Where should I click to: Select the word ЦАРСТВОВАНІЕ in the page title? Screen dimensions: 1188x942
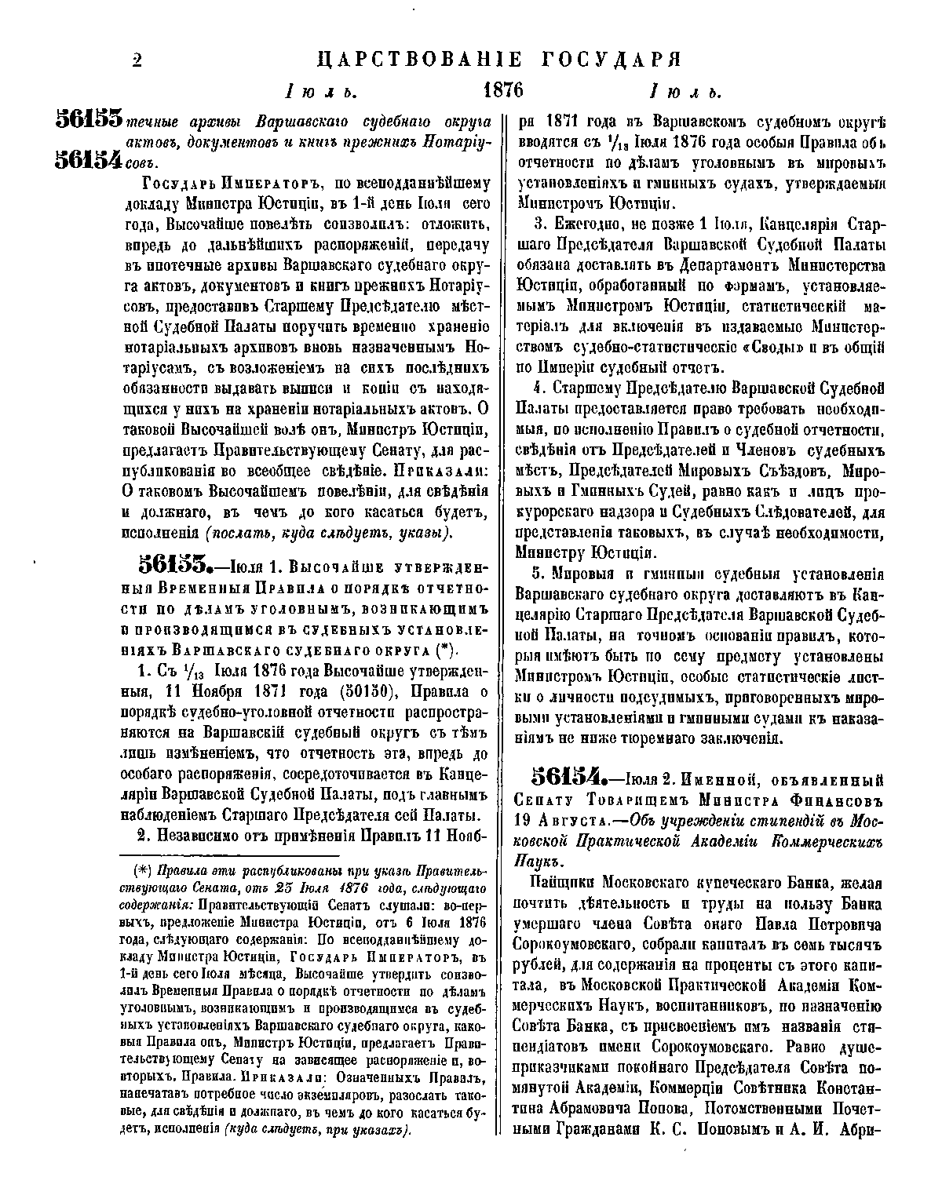[x=418, y=60]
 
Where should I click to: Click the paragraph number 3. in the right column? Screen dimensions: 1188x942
[x=539, y=224]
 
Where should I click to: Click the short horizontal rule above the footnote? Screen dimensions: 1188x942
[x=228, y=855]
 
